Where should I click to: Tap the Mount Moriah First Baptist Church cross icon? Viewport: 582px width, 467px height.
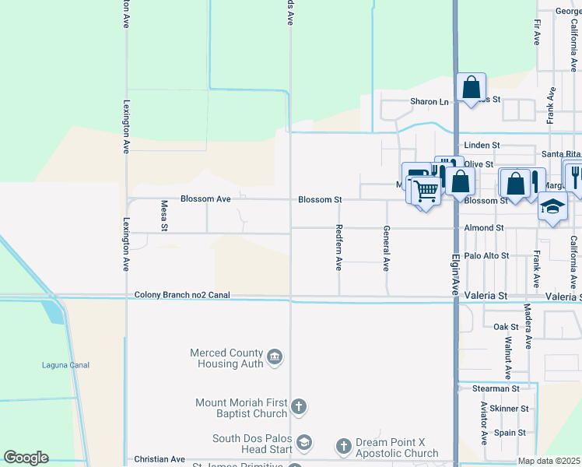click(x=299, y=406)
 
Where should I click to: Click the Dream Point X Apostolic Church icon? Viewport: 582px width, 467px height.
click(x=344, y=446)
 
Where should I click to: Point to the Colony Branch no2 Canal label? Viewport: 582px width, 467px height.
click(x=182, y=295)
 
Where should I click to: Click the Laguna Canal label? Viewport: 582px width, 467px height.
click(x=65, y=365)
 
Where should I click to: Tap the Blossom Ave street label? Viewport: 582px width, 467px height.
click(x=205, y=199)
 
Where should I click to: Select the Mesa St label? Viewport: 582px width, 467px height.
click(x=164, y=216)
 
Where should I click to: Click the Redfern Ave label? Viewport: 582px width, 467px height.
click(x=338, y=248)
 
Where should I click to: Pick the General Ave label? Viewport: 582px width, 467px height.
click(x=385, y=248)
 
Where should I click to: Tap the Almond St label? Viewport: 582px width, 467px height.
click(x=484, y=228)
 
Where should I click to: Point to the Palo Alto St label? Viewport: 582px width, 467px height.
click(x=486, y=255)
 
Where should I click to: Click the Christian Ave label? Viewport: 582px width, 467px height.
click(x=160, y=460)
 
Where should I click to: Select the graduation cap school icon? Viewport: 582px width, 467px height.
click(x=553, y=207)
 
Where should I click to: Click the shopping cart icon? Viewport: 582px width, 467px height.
click(x=426, y=189)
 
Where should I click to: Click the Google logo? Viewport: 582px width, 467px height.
click(x=26, y=458)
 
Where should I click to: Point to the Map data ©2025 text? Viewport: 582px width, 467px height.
click(x=549, y=461)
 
